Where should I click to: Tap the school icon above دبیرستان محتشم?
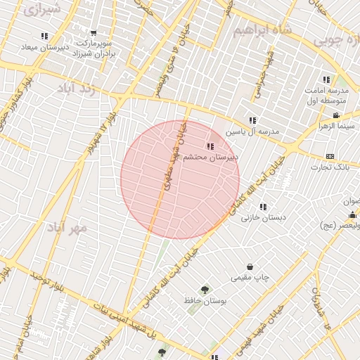[210, 146]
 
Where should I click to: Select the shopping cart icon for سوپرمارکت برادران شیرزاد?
[94, 33]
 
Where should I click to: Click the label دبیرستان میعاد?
[44, 47]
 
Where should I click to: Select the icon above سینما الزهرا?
[337, 115]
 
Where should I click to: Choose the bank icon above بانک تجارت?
[330, 156]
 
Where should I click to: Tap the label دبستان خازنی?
[264, 218]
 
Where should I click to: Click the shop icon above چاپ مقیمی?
[252, 266]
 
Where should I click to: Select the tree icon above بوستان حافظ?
[205, 289]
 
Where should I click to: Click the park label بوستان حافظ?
[205, 300]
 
